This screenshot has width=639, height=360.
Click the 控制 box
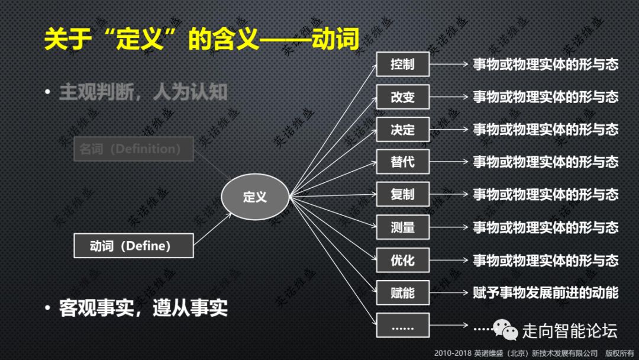coord(402,64)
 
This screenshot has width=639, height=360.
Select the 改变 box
coord(402,97)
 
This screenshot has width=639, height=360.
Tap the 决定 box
coord(402,129)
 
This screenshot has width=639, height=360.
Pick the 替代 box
coord(402,162)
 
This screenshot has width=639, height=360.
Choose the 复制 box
coord(402,194)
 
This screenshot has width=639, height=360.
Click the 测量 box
coord(402,227)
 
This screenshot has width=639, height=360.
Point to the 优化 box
coord(402,259)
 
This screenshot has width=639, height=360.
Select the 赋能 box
coord(402,292)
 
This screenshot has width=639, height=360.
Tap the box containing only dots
coord(402,325)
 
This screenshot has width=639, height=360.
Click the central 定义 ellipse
coord(255,197)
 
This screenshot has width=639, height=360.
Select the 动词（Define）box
coord(134,246)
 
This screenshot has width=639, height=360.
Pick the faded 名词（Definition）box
coord(134,149)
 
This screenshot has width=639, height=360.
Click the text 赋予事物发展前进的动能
coord(545,292)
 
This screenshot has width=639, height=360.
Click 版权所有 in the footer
coord(619,353)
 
